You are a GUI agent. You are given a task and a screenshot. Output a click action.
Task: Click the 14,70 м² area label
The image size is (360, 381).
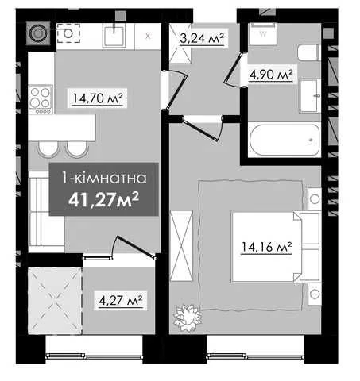[x=98, y=98]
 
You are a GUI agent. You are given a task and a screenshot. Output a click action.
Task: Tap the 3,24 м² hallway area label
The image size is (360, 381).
[x=202, y=38]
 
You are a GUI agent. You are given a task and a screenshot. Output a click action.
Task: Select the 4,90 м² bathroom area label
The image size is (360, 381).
[x=271, y=75]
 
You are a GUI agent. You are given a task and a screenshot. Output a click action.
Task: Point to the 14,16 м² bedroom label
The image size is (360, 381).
[x=266, y=247]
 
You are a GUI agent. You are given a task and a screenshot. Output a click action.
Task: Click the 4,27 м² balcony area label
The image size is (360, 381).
[x=121, y=300]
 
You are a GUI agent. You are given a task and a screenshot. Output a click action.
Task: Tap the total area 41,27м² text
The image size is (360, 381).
[x=103, y=199]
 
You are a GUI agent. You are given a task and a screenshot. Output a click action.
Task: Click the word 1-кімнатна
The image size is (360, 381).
[x=104, y=178]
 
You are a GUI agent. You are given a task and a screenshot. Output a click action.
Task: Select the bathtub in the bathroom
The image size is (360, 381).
[x=285, y=140]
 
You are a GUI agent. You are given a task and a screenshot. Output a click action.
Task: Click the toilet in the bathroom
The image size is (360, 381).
[x=308, y=52]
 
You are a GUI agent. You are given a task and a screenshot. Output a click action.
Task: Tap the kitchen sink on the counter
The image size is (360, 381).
[x=114, y=36]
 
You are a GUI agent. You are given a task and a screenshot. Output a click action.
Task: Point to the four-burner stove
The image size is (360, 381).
[x=41, y=99]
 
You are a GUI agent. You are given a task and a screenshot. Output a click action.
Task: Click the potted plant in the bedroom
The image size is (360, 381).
[x=187, y=317]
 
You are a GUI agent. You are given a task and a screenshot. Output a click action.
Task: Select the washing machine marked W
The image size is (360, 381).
[x=263, y=34]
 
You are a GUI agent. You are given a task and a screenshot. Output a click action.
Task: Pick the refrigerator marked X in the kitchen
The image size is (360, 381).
[x=148, y=37]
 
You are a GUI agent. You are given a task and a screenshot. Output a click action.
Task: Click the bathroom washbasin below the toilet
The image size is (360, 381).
[x=310, y=96]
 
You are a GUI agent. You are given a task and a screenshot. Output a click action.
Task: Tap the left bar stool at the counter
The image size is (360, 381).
[x=48, y=149]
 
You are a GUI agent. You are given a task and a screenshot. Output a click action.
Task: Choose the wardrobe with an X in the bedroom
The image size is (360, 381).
[x=181, y=245]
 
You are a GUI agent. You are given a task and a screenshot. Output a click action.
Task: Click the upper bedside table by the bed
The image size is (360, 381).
[x=315, y=199]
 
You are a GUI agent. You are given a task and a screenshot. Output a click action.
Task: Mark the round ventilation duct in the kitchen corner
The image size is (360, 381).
[x=38, y=33]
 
